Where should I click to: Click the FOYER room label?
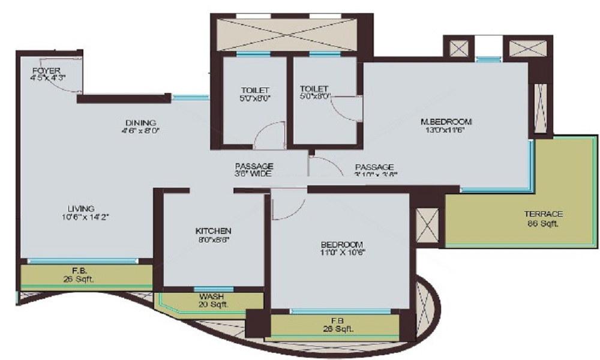(46, 71)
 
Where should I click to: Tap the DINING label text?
(141, 122)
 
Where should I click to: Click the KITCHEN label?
(213, 231)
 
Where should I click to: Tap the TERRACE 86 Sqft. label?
(543, 214)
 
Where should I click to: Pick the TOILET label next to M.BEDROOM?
(314, 89)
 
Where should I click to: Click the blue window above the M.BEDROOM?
(488, 59)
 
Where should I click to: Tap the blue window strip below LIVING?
(83, 261)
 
